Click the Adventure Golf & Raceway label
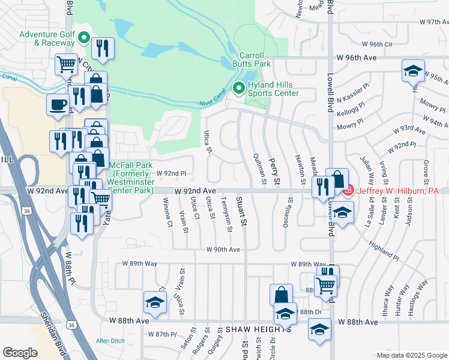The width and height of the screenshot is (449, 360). pyautogui.click(x=47, y=38)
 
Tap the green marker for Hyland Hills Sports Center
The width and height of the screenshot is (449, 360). pyautogui.click(x=238, y=88)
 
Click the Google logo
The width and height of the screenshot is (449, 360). pyautogui.click(x=20, y=353)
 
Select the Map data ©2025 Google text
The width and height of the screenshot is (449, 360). pyautogui.click(x=411, y=355)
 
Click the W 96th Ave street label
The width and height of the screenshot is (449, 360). pyautogui.click(x=357, y=58)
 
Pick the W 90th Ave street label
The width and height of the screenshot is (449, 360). pyautogui.click(x=223, y=250)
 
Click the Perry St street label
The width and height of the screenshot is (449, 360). pyautogui.click(x=276, y=172)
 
